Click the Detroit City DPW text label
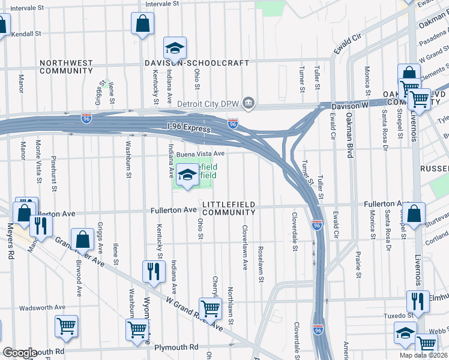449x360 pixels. pos(207,104)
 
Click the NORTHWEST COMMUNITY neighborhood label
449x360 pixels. pos(66,67)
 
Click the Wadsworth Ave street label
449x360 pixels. pos(42,307)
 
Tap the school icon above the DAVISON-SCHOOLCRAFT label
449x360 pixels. pos(175,47)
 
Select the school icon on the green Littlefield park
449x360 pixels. pos(188,175)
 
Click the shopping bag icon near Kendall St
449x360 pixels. pos(142,25)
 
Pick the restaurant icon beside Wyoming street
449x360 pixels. pos(152,271)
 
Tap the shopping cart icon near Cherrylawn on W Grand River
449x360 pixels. pos(210,308)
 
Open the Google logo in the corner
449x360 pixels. pos(20,353)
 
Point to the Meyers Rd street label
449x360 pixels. pos(10,242)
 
